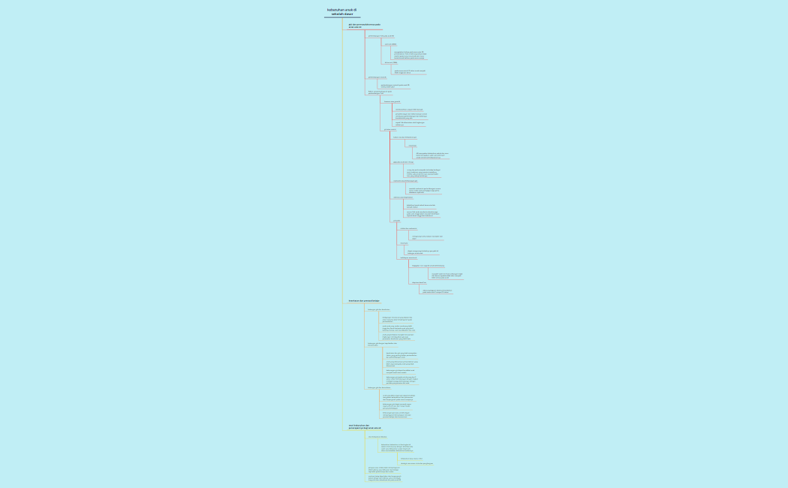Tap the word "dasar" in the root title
349,14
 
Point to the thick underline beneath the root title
342,17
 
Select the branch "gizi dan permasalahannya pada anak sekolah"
359,26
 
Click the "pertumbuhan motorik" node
377,77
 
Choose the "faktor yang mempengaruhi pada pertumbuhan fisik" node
380,92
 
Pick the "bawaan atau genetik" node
392,101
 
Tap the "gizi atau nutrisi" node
390,130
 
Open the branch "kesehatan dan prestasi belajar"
364,301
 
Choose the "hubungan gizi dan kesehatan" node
378,309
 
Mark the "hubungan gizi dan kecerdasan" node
379,388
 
